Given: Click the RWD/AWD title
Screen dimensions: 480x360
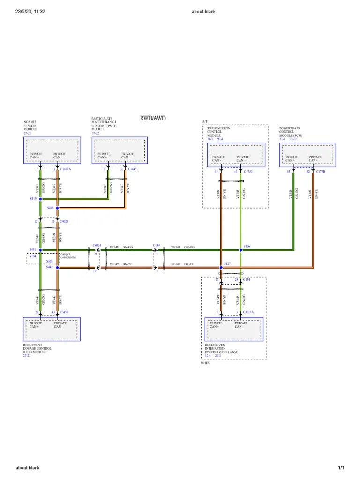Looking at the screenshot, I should click(x=153, y=118).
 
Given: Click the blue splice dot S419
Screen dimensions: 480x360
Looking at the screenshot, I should click(x=40, y=199).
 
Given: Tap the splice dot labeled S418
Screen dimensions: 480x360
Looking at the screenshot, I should click(x=57, y=208).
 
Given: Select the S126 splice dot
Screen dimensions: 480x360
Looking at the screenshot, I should click(x=240, y=250).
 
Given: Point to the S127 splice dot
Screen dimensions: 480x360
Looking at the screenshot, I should click(x=221, y=268).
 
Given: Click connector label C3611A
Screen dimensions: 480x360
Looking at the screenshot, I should click(x=66, y=169).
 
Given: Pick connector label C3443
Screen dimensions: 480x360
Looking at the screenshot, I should click(x=132, y=169).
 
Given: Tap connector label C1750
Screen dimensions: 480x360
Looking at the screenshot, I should click(x=248, y=172).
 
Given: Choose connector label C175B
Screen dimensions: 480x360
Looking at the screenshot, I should click(x=321, y=172).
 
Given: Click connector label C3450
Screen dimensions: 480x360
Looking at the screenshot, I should click(x=64, y=312).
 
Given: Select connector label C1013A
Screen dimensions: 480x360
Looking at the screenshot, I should click(x=248, y=312).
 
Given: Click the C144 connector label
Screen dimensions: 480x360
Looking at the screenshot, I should click(x=157, y=245).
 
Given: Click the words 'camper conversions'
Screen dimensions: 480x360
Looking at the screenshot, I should click(x=68, y=255).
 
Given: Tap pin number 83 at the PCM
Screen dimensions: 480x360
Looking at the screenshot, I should click(x=289, y=172).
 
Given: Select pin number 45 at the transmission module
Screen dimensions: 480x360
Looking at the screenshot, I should click(x=217, y=172).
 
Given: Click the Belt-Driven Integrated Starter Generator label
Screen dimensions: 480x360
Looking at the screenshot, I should click(x=221, y=349).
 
